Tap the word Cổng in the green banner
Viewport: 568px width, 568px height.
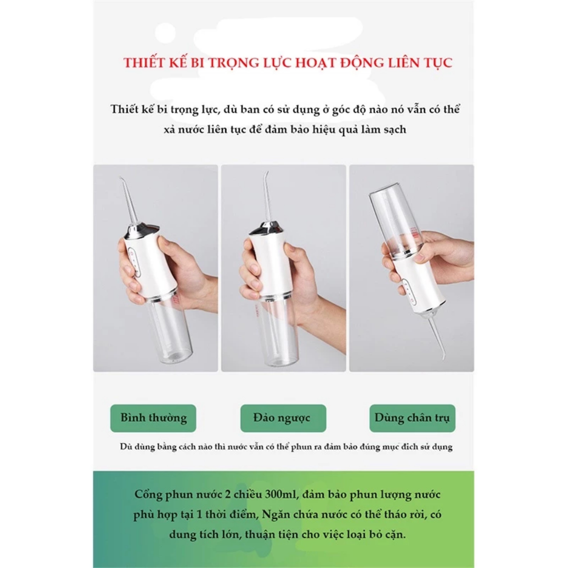pos(148,495)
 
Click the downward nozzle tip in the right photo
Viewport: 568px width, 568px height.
pos(444,358)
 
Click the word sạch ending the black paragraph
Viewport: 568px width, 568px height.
pos(395,130)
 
